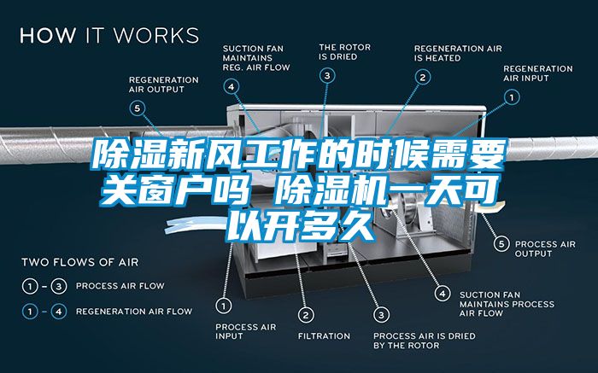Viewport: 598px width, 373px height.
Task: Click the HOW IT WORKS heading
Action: click(x=109, y=36)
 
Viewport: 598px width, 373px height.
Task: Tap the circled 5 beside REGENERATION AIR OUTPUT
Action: click(x=138, y=108)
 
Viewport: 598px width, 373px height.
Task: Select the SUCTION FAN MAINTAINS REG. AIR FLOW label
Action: click(x=255, y=57)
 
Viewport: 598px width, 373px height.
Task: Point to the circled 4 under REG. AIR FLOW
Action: click(x=232, y=85)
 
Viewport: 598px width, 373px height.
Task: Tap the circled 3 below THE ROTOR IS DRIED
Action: click(x=328, y=76)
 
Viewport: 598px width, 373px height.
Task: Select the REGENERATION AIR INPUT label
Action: click(x=537, y=73)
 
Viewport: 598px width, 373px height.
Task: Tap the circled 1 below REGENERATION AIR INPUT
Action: click(x=512, y=98)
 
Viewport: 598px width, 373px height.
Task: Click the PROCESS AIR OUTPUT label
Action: click(x=545, y=248)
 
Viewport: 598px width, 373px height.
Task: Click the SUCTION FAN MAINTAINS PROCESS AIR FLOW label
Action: click(x=507, y=304)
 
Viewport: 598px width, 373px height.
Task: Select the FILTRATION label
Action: click(x=324, y=335)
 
